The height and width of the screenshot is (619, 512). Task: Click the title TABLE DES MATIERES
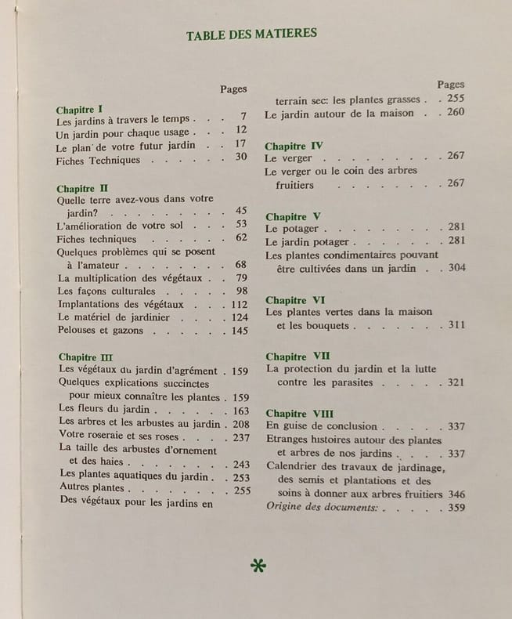pyautogui.click(x=251, y=34)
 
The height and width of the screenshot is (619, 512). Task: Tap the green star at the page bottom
pyautogui.click(x=257, y=566)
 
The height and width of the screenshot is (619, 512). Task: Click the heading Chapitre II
pyautogui.click(x=82, y=189)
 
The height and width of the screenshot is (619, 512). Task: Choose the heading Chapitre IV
pyautogui.click(x=294, y=146)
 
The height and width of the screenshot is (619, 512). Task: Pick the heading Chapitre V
pyautogui.click(x=292, y=216)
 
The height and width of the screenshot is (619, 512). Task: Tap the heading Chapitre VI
pyautogui.click(x=294, y=299)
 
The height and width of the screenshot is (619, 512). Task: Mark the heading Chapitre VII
pyautogui.click(x=297, y=356)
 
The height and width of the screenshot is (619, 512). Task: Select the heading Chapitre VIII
pyautogui.click(x=299, y=413)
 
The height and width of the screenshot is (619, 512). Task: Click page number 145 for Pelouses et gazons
pyautogui.click(x=239, y=331)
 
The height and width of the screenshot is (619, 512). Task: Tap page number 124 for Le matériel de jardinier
pyautogui.click(x=239, y=317)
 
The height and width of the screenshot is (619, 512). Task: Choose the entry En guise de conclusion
pyautogui.click(x=321, y=426)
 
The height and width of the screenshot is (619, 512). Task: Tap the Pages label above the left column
pyautogui.click(x=234, y=89)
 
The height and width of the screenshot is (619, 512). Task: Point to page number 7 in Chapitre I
pyautogui.click(x=243, y=116)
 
